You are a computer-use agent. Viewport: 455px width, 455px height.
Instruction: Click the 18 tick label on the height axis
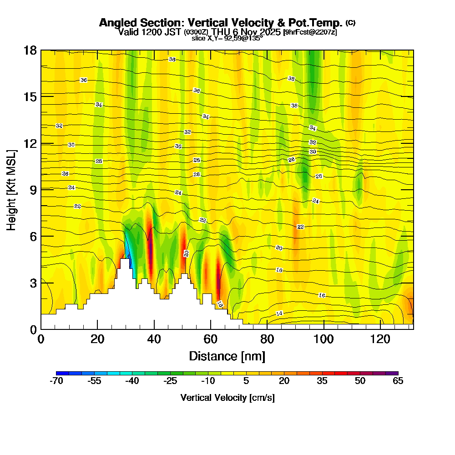tap(30, 51)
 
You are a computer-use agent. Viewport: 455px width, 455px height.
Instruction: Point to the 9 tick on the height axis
tap(41, 190)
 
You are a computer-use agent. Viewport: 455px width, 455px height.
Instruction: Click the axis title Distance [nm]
tap(227, 356)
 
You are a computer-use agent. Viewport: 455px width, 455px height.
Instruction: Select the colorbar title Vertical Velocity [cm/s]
tap(227, 398)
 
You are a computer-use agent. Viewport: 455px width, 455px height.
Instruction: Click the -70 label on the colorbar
tap(56, 381)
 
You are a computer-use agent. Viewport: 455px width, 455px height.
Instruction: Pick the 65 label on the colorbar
tap(398, 381)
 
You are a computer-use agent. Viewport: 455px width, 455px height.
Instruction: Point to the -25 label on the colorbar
tap(170, 381)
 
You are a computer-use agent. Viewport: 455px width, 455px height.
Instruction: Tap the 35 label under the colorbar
tap(322, 381)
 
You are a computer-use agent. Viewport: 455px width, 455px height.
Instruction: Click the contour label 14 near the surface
tap(279, 313)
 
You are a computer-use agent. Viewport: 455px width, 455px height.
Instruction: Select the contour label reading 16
tap(322, 295)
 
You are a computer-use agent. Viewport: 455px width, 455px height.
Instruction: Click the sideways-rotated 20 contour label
tap(186, 253)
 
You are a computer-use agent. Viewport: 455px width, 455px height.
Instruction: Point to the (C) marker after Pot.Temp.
tap(350, 22)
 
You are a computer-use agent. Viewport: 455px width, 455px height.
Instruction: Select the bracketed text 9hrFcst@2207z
tap(310, 32)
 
